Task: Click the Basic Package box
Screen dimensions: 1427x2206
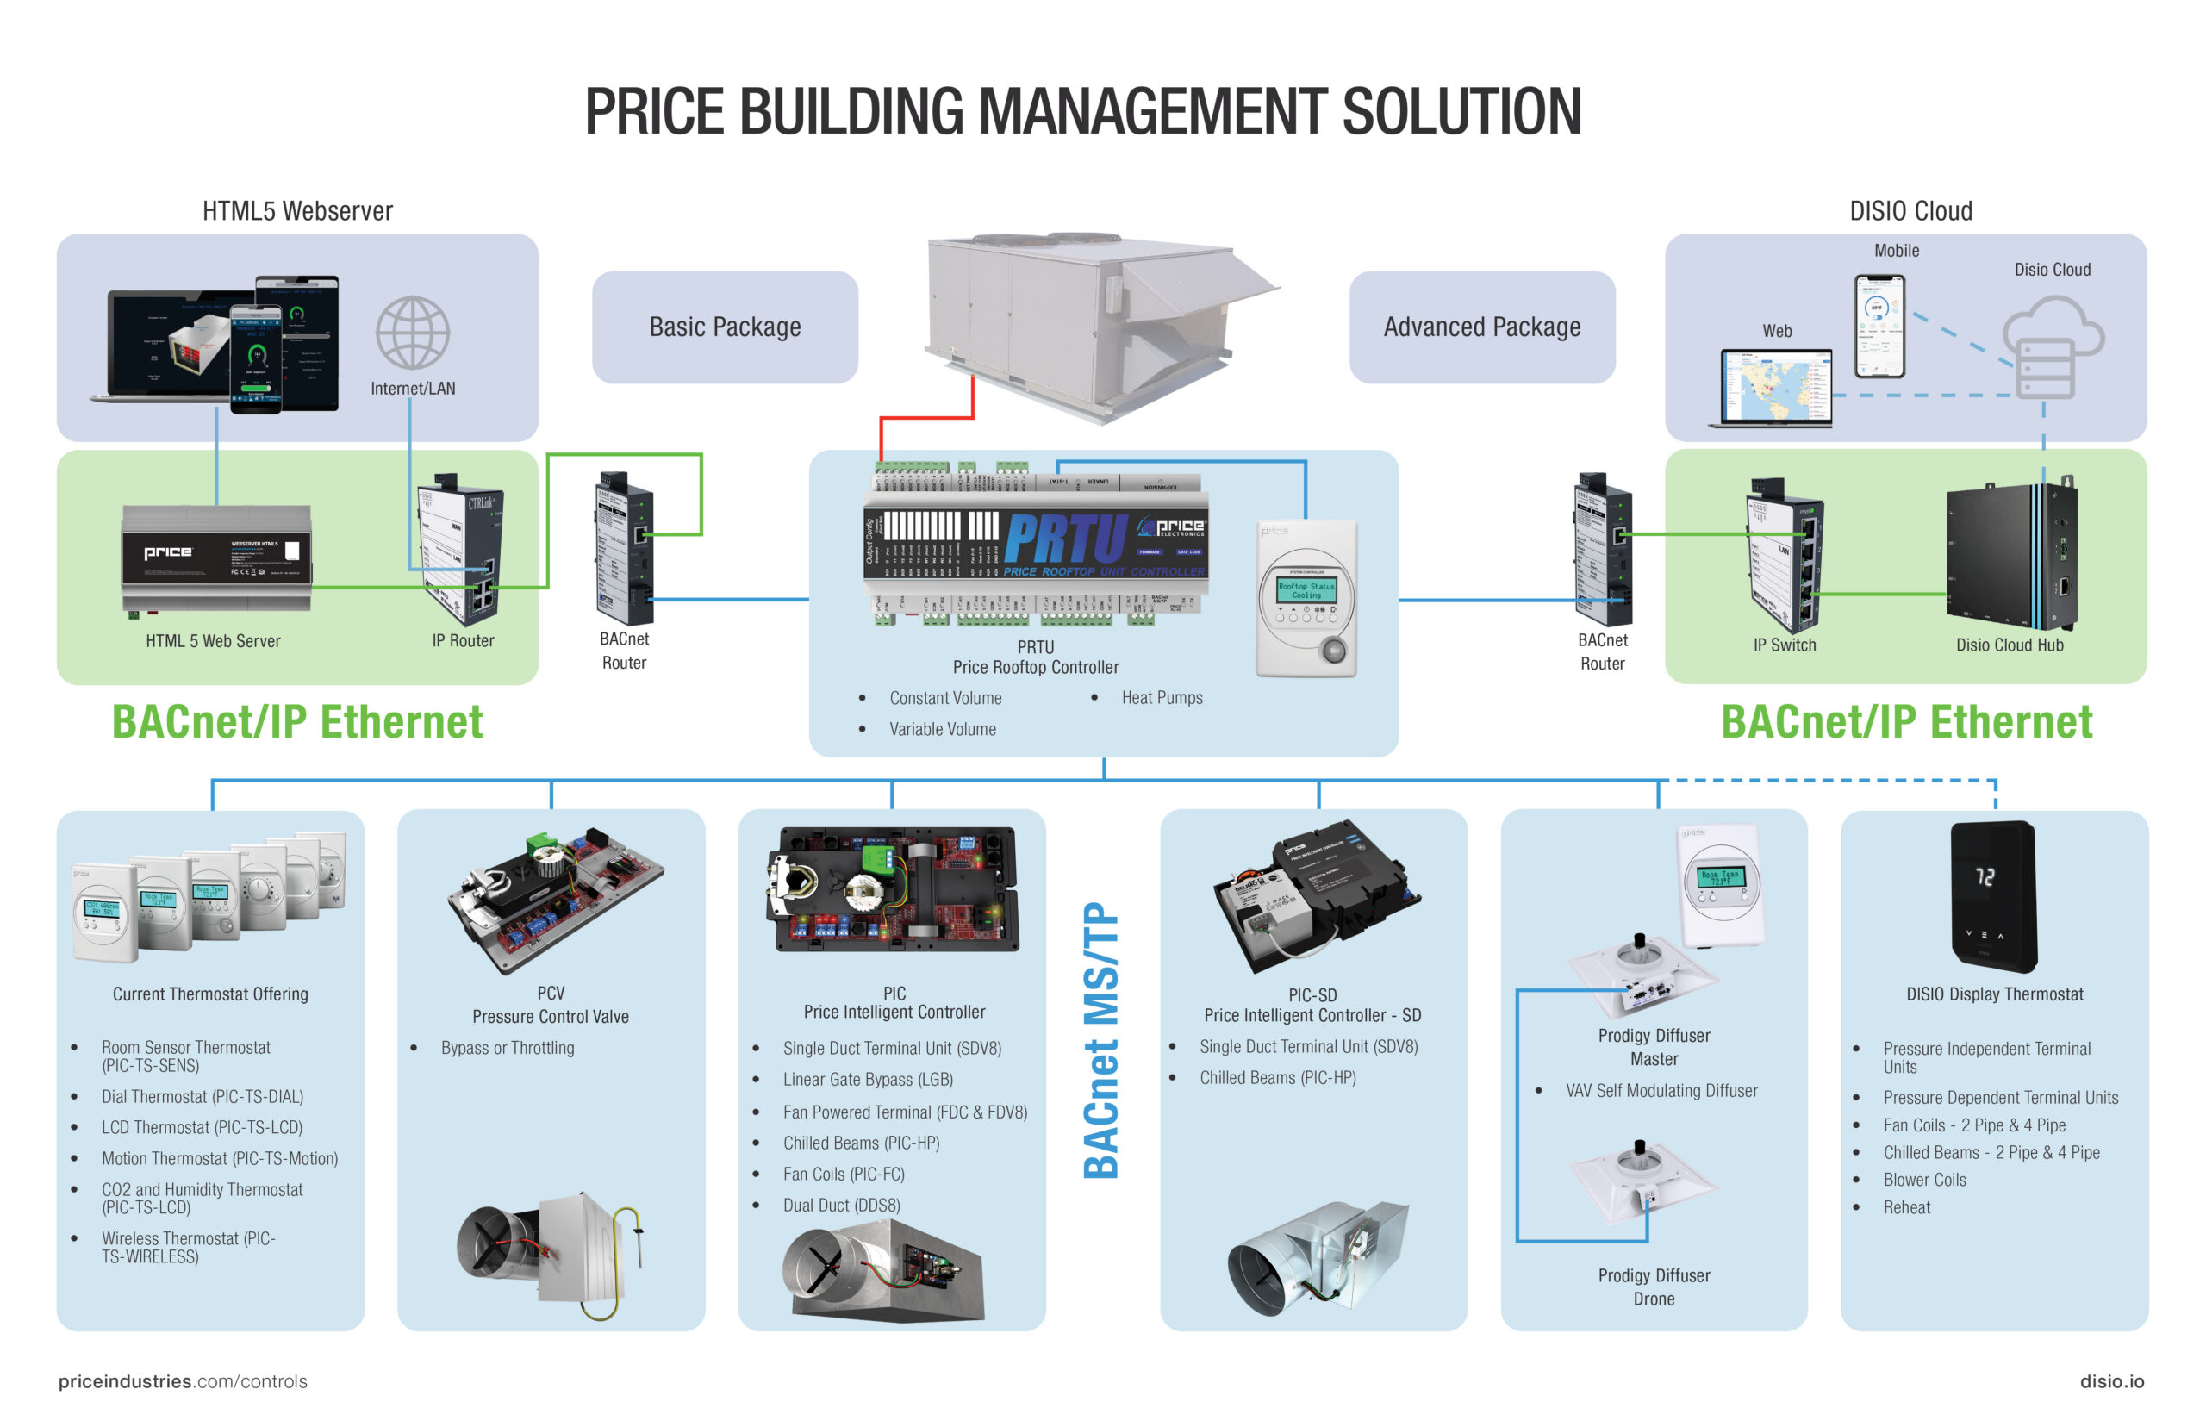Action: pos(724,327)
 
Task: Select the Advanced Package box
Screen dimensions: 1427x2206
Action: pos(1480,327)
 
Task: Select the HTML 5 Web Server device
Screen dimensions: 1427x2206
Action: pos(216,558)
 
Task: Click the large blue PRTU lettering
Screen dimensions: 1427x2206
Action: pos(1065,538)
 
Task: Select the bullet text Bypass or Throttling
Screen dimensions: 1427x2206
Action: pos(507,1048)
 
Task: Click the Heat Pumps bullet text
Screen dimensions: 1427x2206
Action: pos(1161,698)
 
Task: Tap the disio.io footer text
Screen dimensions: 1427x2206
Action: pos(2110,1380)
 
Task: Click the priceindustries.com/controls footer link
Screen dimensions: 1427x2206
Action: pos(183,1380)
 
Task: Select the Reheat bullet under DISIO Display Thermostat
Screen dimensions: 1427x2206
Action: pos(1906,1207)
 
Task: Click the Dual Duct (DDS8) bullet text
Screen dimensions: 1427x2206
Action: pos(840,1206)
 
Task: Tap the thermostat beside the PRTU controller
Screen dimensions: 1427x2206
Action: pos(1306,599)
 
